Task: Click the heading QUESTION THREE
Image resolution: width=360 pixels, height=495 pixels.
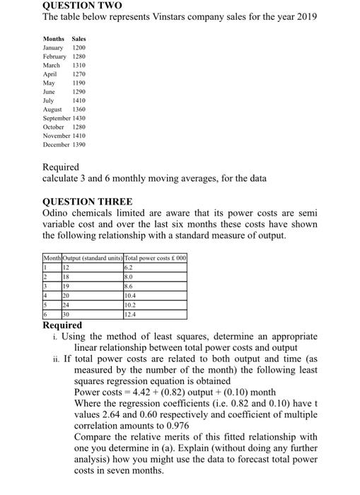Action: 87,201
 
